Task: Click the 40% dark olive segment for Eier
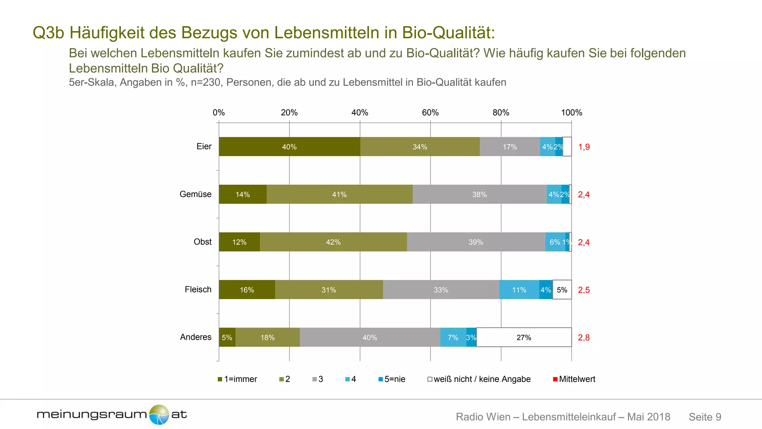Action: [x=289, y=147]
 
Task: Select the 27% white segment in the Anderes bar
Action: [x=524, y=337]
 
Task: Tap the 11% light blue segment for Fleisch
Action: [x=519, y=290]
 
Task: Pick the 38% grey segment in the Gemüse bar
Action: [x=479, y=194]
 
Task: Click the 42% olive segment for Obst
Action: [x=333, y=242]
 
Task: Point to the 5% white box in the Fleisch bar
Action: [x=562, y=290]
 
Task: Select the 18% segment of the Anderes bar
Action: [x=268, y=337]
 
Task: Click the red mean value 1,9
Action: [x=584, y=147]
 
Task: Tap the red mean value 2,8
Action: [x=584, y=337]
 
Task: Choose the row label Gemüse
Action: [x=195, y=194]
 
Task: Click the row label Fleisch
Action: [x=198, y=289]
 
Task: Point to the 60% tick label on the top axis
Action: [x=430, y=112]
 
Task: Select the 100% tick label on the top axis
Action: [x=571, y=112]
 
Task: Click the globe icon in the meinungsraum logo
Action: [x=159, y=414]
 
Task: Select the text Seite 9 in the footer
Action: [x=705, y=417]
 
